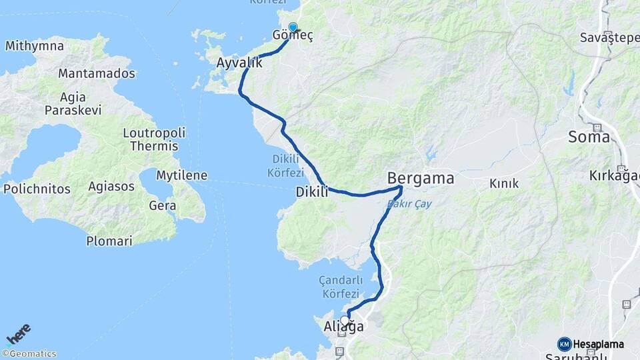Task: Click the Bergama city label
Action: point(421,178)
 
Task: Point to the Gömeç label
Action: point(293,36)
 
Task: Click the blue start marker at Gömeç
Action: point(293,27)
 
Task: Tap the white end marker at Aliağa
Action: point(345,321)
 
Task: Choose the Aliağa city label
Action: point(343,327)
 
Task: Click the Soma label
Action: point(589,137)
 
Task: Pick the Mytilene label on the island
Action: point(181,175)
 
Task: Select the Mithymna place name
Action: point(35,46)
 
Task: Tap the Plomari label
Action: point(109,241)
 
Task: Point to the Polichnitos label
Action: point(37,189)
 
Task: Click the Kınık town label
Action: point(504,183)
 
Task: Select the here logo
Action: point(19,333)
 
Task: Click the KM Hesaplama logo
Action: point(591,344)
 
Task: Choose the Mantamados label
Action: point(97,73)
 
